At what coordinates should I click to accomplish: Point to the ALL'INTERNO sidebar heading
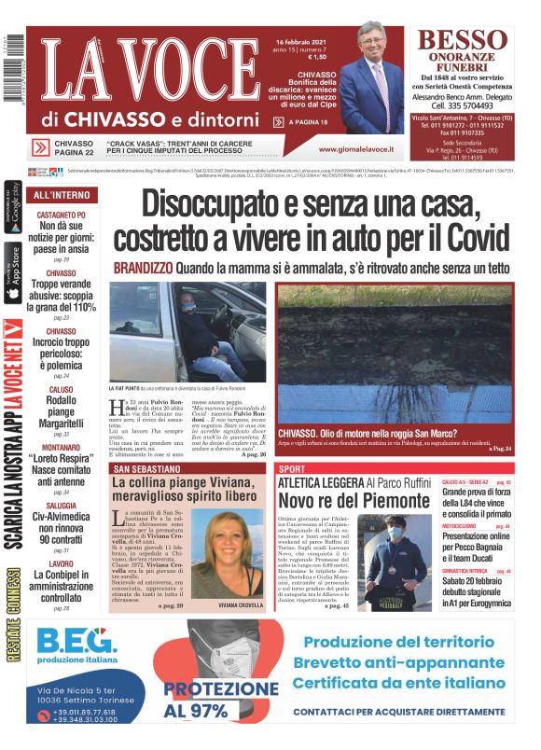pyautogui.click(x=62, y=196)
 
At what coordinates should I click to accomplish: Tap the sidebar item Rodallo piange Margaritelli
pyautogui.click(x=62, y=410)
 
